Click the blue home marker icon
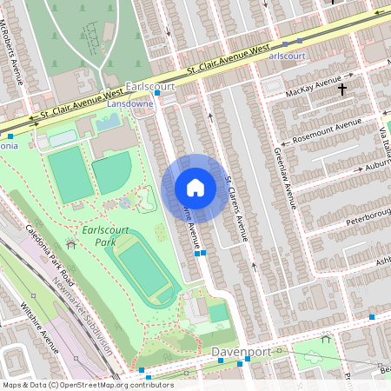tap(195, 188)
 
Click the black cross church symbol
tap(342, 89)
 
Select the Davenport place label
tap(240, 352)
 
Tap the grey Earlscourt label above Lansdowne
tap(150, 87)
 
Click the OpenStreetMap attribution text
tap(87, 384)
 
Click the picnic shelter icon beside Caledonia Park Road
tap(70, 244)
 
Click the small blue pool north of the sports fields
tap(108, 123)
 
